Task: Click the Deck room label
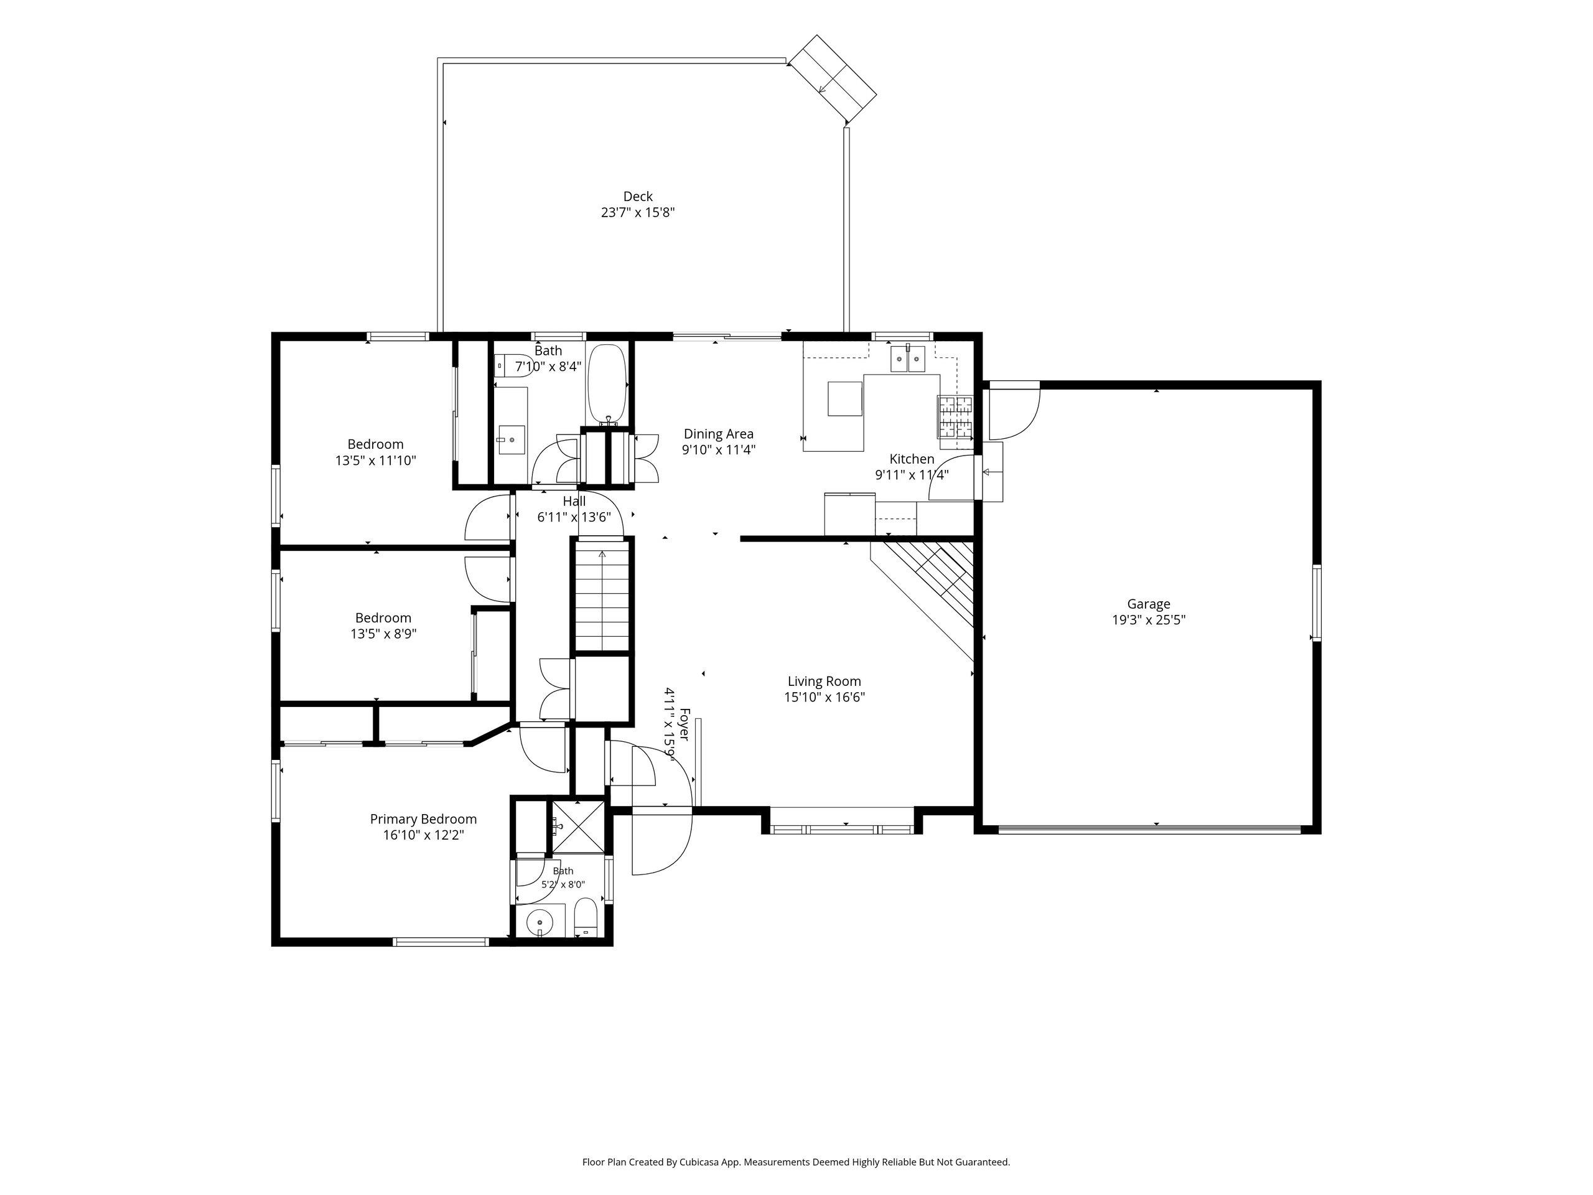point(637,197)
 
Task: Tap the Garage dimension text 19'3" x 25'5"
point(1149,620)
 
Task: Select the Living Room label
point(824,682)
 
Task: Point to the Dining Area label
point(719,434)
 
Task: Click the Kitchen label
point(912,459)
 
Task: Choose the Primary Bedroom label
point(424,819)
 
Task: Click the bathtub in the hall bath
point(608,384)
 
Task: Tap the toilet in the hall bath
point(514,365)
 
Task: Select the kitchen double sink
point(907,358)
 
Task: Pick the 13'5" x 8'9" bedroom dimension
point(383,634)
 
